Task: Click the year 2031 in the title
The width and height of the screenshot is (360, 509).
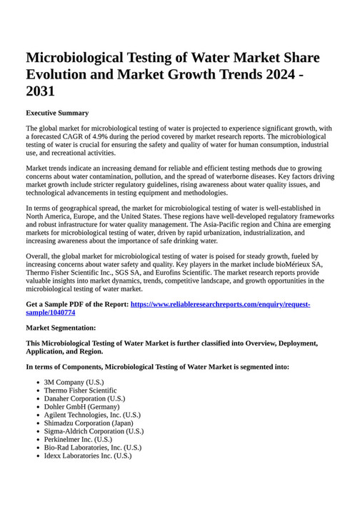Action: point(40,92)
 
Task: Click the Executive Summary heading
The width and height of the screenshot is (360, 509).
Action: point(57,113)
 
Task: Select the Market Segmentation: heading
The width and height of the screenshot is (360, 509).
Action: point(61,328)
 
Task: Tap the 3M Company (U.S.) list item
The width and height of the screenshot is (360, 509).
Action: point(74,383)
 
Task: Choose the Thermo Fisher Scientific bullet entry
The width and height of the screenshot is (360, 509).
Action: point(80,391)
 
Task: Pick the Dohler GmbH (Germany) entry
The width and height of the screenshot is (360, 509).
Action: point(81,406)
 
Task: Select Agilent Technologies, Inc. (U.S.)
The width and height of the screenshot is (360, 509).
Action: point(92,415)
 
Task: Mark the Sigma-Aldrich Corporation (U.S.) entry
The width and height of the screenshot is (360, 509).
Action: point(94,431)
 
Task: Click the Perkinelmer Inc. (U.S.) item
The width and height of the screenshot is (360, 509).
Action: point(78,439)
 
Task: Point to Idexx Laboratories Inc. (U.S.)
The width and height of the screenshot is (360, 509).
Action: point(88,455)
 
